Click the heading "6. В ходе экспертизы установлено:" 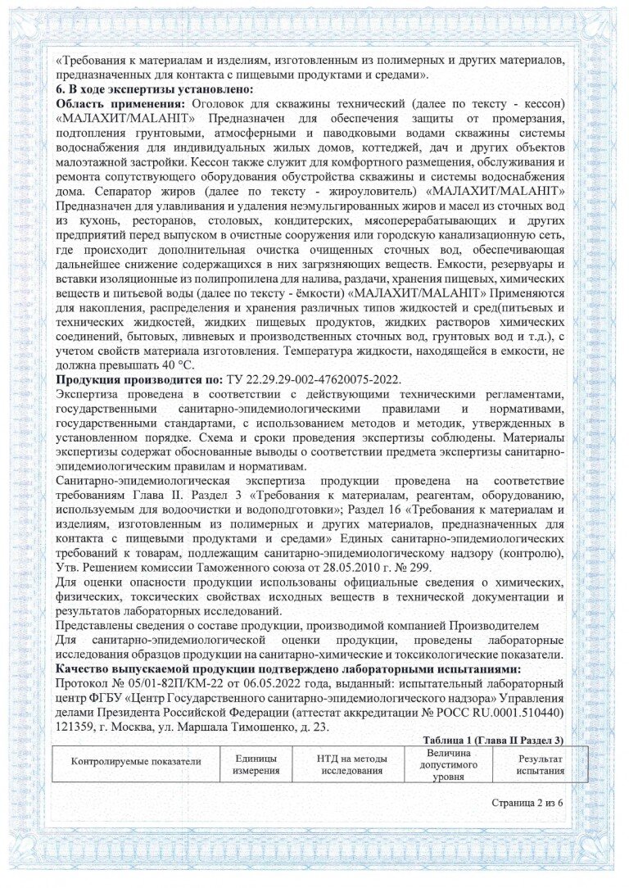(154, 89)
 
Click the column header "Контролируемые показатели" (135, 762)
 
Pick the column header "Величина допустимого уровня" (448, 763)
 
